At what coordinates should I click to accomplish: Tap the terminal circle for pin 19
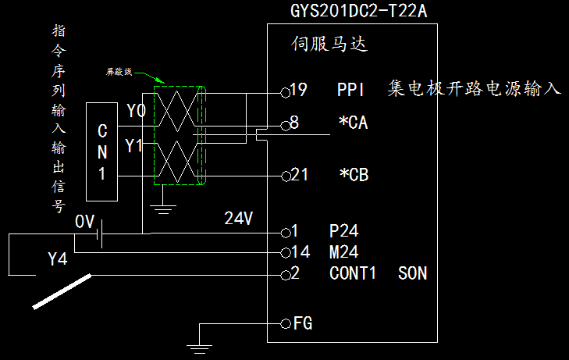click(x=285, y=90)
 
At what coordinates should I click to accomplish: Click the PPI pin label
click(x=350, y=90)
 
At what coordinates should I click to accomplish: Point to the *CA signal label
click(x=353, y=123)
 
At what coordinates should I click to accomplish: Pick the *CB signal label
click(x=353, y=174)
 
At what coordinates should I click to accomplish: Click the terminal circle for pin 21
click(x=285, y=174)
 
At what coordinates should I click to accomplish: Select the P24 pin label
click(x=343, y=232)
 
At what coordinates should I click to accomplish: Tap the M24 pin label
click(x=343, y=252)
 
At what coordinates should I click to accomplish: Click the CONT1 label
click(x=353, y=273)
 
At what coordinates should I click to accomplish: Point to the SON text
click(x=412, y=273)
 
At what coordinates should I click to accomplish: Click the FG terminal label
click(x=304, y=323)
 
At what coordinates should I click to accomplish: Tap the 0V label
click(x=84, y=222)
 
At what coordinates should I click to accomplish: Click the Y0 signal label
click(x=136, y=112)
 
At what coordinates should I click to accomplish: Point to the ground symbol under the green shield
click(x=162, y=207)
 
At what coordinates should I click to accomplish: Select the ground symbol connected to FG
click(x=199, y=344)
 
